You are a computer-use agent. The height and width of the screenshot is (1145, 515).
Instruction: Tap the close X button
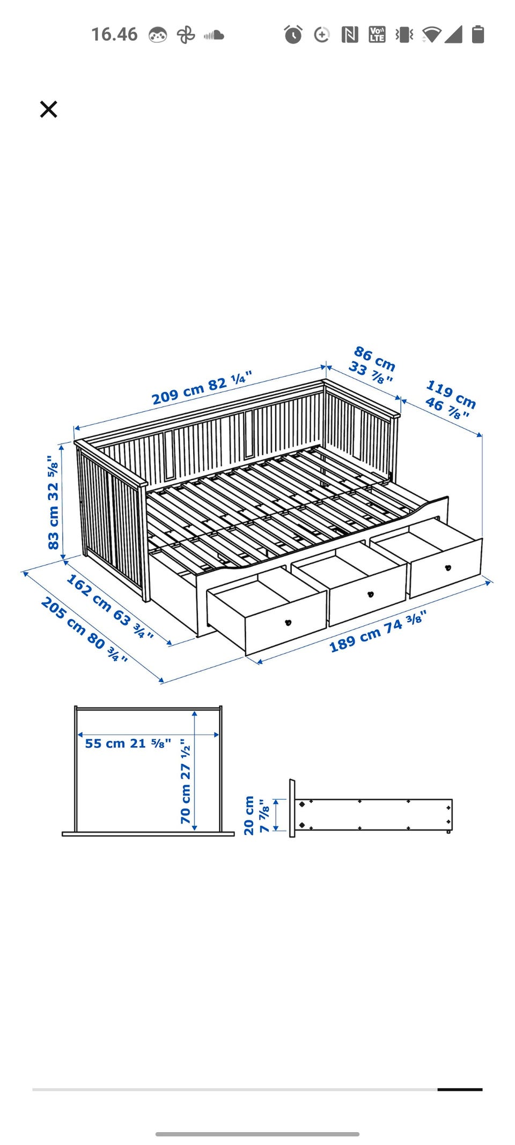click(48, 109)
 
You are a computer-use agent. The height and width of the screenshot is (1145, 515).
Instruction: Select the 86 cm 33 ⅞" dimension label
click(373, 365)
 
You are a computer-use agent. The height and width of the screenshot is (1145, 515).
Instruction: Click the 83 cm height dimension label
click(53, 502)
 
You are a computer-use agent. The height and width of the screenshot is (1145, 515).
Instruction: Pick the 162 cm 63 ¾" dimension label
click(110, 607)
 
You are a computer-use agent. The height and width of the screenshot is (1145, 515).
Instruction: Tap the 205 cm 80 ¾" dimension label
click(85, 630)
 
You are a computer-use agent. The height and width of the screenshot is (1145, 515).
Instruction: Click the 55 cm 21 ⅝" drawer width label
click(128, 743)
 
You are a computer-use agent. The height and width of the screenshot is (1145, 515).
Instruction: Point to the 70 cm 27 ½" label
click(185, 781)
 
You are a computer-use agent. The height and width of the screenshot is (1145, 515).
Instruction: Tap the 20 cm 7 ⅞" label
click(256, 815)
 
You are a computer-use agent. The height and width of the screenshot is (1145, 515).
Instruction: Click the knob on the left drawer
click(288, 623)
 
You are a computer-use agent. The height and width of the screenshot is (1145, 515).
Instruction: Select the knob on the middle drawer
click(370, 594)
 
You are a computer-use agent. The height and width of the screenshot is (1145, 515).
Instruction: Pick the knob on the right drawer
click(448, 567)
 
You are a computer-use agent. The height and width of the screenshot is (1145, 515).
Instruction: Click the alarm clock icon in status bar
click(293, 34)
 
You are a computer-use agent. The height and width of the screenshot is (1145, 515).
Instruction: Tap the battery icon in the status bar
click(478, 34)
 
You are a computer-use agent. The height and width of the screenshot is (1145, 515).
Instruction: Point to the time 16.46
click(114, 34)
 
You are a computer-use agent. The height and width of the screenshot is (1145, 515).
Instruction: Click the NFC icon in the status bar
click(350, 35)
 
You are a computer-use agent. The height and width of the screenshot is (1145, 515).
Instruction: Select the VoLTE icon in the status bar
click(377, 34)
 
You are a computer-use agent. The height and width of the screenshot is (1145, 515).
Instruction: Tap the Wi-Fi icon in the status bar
click(431, 34)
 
